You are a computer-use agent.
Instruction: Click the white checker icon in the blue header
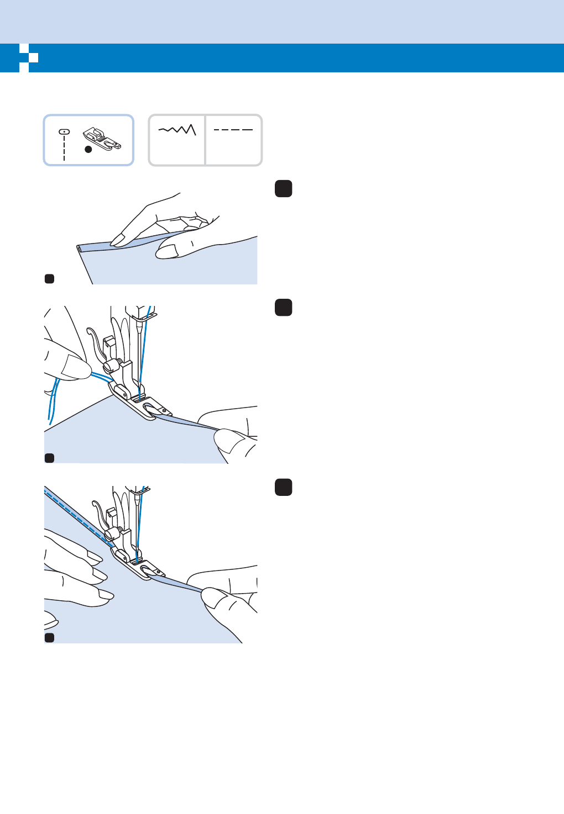[28, 57]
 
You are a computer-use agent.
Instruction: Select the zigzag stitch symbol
[177, 130]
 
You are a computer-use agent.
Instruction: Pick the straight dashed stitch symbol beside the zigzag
[233, 130]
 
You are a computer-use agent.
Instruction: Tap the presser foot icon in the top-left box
[103, 140]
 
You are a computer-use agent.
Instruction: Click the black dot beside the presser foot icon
[88, 149]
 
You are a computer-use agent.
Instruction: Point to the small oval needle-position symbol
[64, 132]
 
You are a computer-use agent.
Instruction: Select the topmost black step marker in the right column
[284, 189]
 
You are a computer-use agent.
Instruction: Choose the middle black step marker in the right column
[284, 307]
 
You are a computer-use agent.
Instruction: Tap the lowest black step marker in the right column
[284, 487]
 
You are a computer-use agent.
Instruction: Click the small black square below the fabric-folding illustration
[49, 279]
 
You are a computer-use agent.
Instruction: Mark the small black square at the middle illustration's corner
[49, 458]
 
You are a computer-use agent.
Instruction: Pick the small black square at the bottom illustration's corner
[49, 638]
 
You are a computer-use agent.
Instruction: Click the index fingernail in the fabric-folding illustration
[117, 239]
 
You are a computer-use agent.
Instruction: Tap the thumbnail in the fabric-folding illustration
[166, 252]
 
